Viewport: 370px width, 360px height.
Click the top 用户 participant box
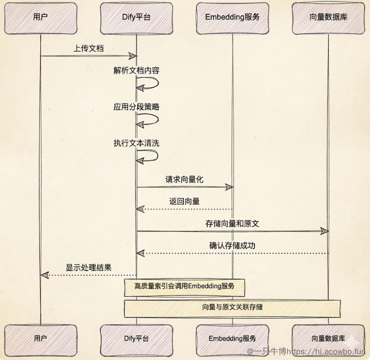click(40, 18)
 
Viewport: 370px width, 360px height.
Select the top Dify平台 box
click(136, 18)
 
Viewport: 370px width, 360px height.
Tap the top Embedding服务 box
click(232, 18)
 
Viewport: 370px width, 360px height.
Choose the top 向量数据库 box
click(328, 18)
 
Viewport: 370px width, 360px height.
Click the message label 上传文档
click(88, 48)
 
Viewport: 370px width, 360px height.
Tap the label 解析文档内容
click(136, 70)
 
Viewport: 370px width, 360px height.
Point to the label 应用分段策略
click(136, 107)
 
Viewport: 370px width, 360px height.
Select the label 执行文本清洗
click(136, 143)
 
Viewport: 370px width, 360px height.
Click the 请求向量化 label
click(184, 180)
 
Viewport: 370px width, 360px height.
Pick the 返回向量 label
click(184, 201)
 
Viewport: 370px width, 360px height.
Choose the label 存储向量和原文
click(232, 224)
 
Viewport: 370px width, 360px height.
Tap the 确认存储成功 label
click(232, 246)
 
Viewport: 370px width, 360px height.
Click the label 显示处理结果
click(88, 268)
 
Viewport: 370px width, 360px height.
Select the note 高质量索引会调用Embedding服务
click(185, 286)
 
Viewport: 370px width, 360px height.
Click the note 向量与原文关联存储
click(232, 307)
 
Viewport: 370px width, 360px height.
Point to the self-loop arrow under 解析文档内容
click(148, 83)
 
